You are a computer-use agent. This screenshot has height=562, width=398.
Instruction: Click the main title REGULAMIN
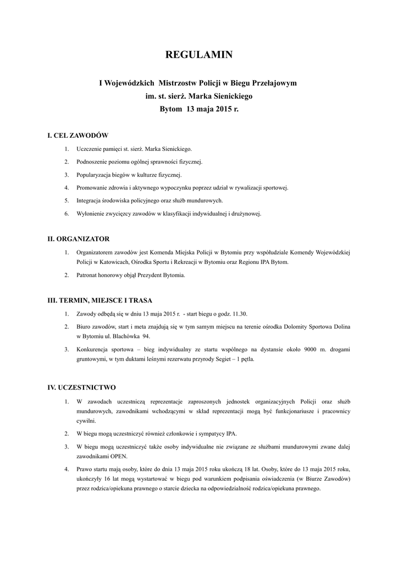point(199,54)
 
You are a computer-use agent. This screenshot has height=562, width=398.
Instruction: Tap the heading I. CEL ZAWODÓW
point(78,135)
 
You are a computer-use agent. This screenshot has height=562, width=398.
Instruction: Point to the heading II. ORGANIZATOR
point(79,239)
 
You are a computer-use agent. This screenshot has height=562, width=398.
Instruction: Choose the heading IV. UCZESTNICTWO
point(82,387)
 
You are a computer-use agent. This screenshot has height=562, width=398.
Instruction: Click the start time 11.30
point(240,314)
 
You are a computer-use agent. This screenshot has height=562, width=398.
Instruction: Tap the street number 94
point(146,336)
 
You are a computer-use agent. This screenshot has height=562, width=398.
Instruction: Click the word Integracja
point(90,200)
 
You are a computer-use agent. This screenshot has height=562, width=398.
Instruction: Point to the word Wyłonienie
point(90,213)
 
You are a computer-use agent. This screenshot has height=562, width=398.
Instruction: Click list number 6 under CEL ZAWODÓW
point(66,213)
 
